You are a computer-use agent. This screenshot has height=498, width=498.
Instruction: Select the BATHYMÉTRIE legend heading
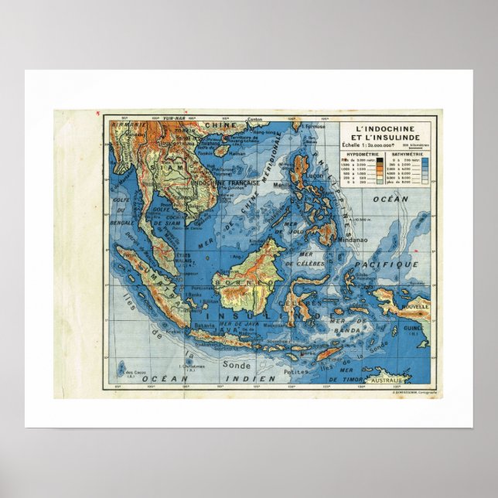coord(406,154)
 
